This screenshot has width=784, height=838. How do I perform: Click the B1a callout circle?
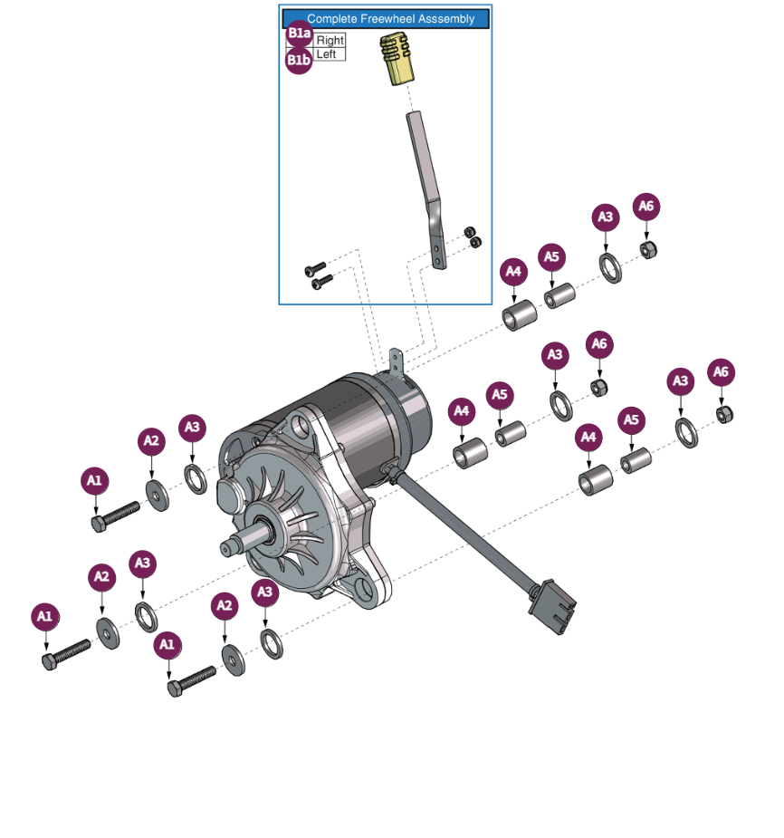299,35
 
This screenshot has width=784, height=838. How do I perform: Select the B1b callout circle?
299,60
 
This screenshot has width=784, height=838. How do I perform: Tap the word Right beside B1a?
330,41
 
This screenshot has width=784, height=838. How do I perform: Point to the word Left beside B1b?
326,54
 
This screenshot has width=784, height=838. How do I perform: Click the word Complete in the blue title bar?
330,19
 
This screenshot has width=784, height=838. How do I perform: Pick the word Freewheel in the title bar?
385,19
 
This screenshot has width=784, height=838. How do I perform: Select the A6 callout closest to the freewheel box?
645,207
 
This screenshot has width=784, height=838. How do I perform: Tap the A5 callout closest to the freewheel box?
552,256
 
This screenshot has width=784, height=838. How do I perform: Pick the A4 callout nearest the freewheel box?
513,270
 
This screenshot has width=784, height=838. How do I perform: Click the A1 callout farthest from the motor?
44,618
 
